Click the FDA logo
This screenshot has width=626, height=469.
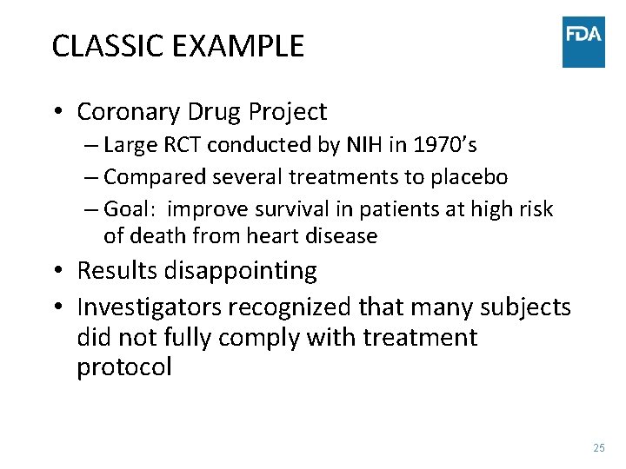point(583,42)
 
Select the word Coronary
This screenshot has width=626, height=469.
point(130,112)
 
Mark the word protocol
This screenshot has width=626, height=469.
point(124,367)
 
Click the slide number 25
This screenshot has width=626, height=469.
point(598,448)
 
